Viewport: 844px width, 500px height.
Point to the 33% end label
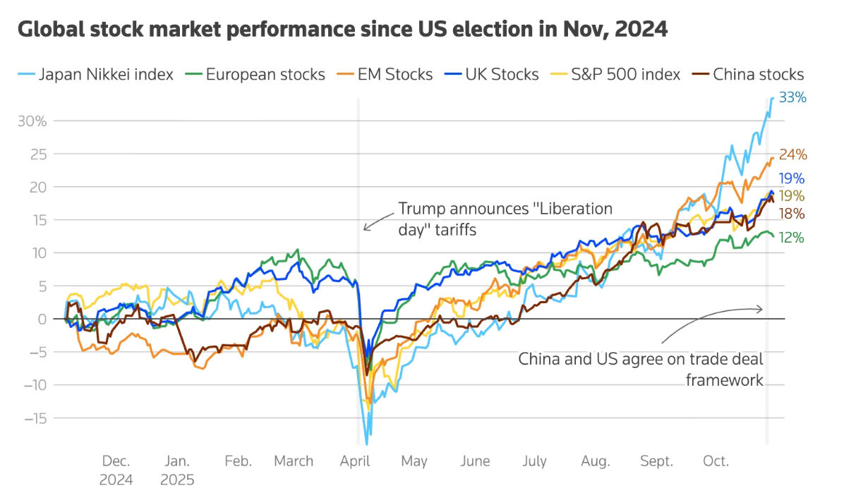point(792,98)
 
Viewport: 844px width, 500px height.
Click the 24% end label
point(792,155)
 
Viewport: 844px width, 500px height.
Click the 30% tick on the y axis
point(32,121)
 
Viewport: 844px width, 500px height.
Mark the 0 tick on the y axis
point(42,319)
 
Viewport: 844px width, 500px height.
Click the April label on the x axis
point(355,461)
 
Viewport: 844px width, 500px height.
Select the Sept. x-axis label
point(656,461)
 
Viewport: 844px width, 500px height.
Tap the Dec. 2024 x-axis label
point(116,470)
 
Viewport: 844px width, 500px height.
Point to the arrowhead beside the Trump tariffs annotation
point(366,227)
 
